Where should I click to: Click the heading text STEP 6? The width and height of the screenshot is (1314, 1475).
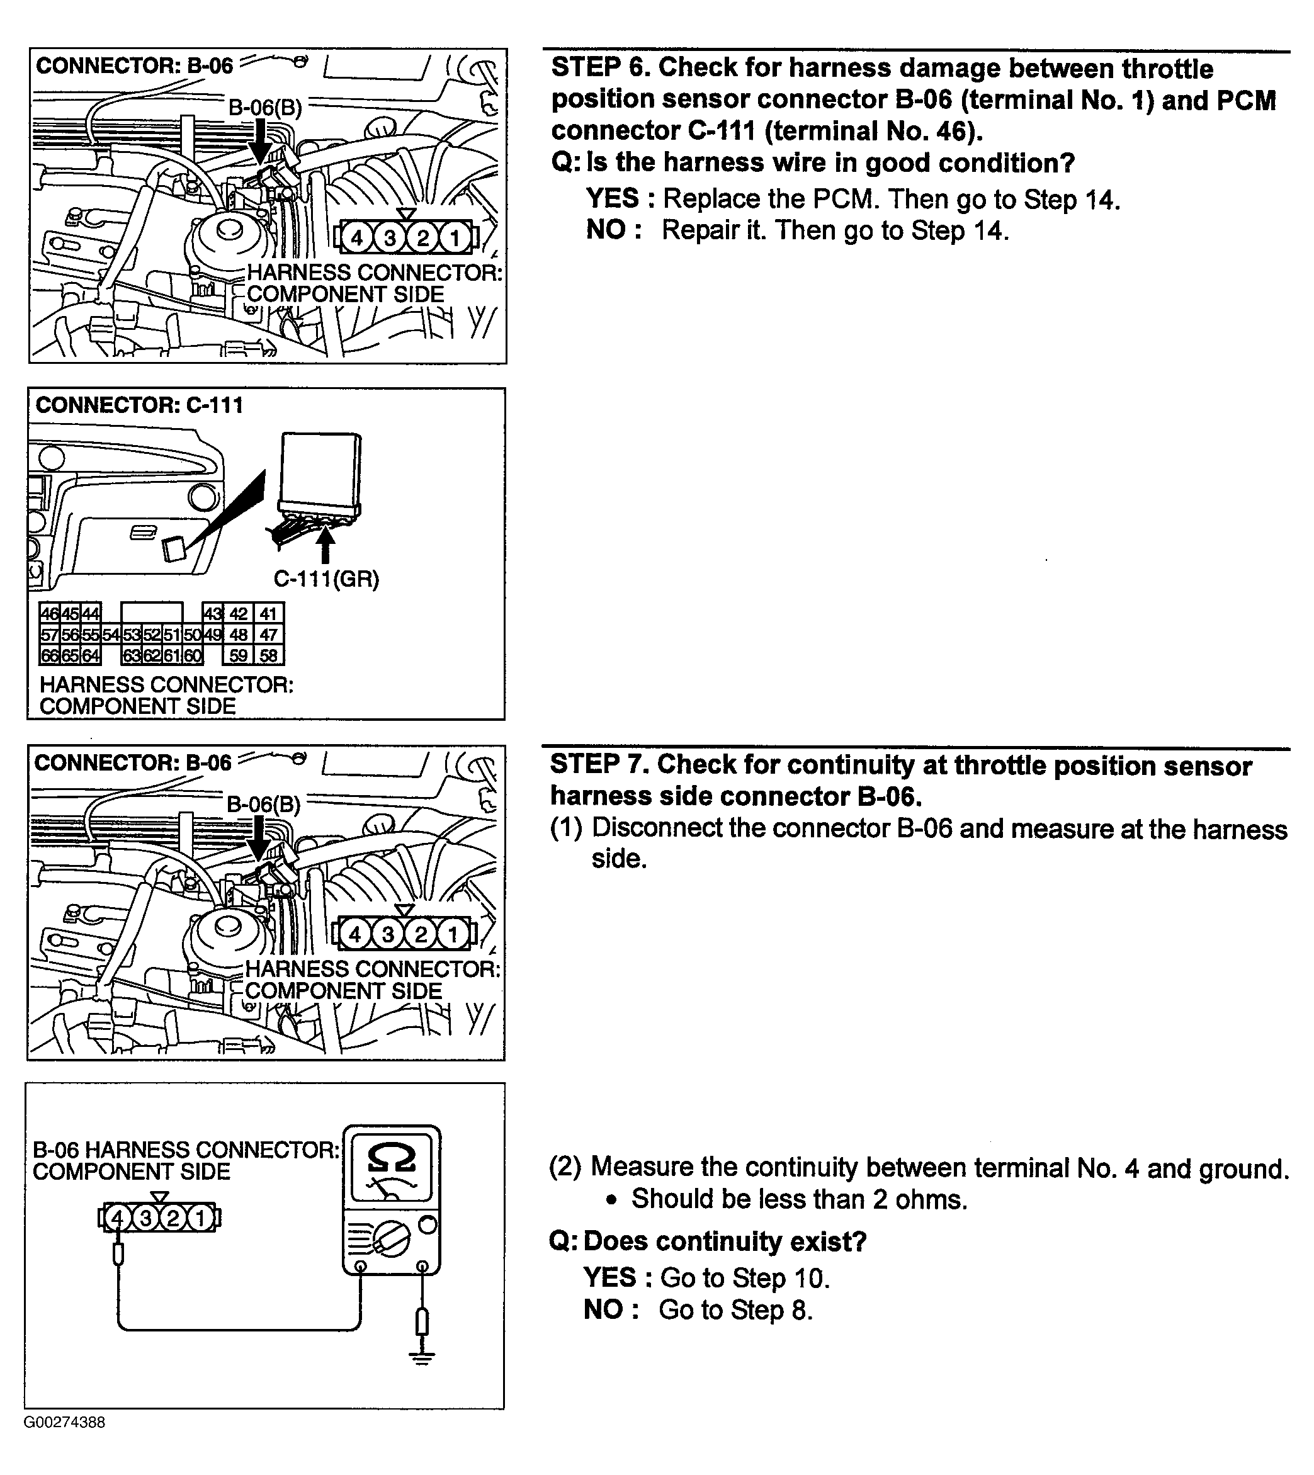click(x=599, y=68)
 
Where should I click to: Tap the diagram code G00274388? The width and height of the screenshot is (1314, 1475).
click(x=65, y=1437)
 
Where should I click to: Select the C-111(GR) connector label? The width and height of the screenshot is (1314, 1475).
click(x=326, y=579)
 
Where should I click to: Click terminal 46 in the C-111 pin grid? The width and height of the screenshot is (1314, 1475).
click(x=49, y=614)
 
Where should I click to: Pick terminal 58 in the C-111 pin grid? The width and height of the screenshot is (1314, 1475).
click(x=269, y=655)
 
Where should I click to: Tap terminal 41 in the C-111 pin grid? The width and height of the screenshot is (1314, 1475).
click(x=269, y=614)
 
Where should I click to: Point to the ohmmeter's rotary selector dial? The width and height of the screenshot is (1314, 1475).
click(x=392, y=1240)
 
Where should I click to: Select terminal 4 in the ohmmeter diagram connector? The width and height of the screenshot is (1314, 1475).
click(x=118, y=1219)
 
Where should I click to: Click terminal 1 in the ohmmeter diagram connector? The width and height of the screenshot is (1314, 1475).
click(x=200, y=1219)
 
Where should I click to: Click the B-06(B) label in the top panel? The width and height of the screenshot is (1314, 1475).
click(x=265, y=108)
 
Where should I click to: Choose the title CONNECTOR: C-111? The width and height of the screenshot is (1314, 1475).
click(x=139, y=405)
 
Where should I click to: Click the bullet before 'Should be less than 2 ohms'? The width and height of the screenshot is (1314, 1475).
click(x=612, y=1199)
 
